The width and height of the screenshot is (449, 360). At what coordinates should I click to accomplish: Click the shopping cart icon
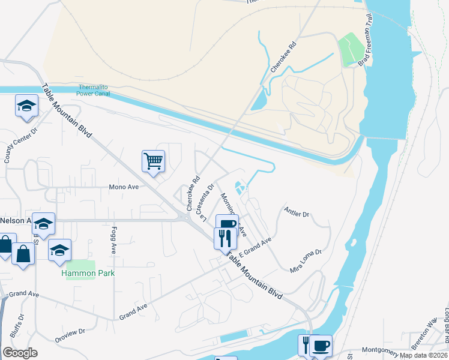click(153, 161)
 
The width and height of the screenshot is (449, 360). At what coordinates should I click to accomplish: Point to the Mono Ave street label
click(124, 187)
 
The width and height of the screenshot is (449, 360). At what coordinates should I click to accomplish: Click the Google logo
click(20, 353)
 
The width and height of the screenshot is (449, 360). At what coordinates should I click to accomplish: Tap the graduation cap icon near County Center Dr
click(26, 106)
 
